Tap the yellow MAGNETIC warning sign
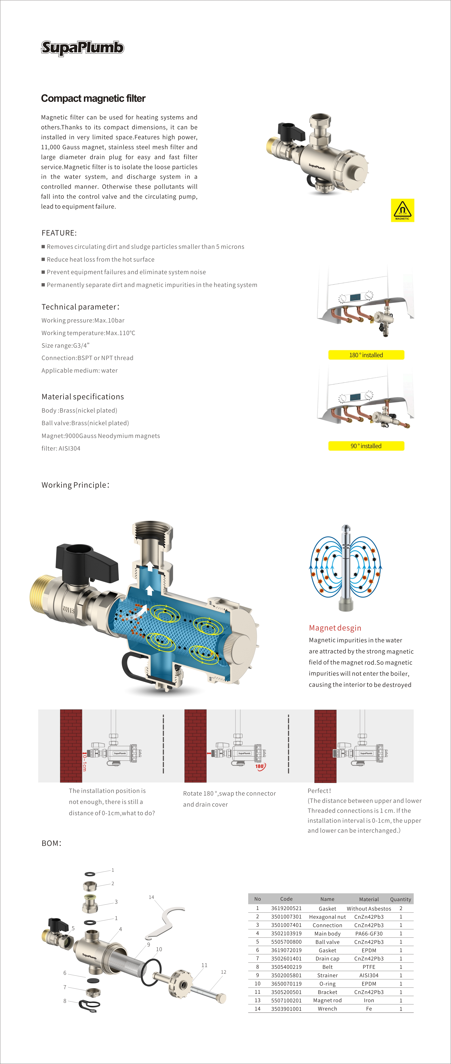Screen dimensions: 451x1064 click(402, 210)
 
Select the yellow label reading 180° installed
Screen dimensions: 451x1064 click(366, 355)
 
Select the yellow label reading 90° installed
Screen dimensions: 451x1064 click(366, 446)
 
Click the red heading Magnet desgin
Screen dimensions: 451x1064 click(335, 628)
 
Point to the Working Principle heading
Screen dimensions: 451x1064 click(75, 485)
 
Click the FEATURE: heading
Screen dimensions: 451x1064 click(59, 233)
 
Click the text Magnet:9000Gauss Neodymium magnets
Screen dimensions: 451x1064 click(100, 436)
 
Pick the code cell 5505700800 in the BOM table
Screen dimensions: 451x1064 click(286, 942)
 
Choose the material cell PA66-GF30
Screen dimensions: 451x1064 click(369, 934)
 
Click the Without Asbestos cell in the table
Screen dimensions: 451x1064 click(369, 908)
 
